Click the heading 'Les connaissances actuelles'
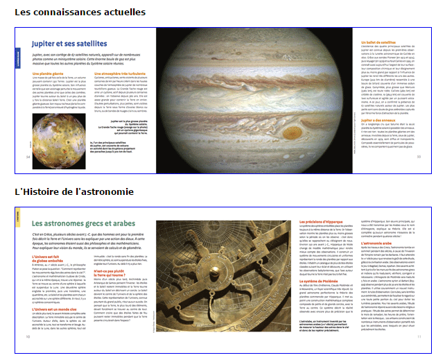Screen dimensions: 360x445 80,12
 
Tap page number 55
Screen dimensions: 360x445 419,156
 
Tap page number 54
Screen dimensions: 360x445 28,157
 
